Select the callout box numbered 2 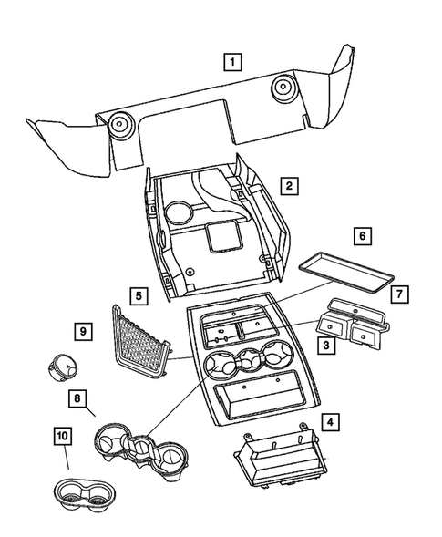pos(287,187)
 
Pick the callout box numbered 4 pos(330,422)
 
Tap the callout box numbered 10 pos(63,439)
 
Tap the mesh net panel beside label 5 pos(141,340)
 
